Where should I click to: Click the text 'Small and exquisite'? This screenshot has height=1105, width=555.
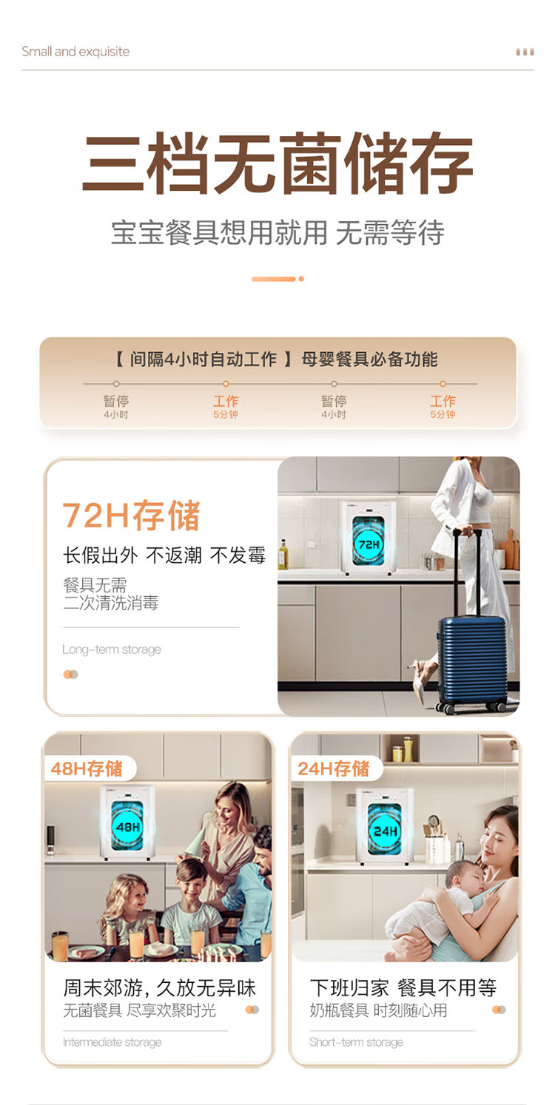pos(75,51)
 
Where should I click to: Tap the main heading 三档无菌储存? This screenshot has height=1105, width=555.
pos(277,163)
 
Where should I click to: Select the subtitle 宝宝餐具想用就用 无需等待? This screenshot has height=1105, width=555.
pos(277,232)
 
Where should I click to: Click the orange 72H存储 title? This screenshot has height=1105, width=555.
pos(131,516)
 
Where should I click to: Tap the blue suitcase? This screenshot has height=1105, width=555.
pos(471,656)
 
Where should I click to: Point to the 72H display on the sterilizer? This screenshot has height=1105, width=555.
pos(369,544)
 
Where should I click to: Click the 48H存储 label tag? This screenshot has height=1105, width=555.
pos(87,768)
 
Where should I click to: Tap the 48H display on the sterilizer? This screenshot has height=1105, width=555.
pos(128,826)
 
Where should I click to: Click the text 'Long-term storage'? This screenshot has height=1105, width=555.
pos(112,649)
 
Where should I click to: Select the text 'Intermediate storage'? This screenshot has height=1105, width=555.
pos(112,1042)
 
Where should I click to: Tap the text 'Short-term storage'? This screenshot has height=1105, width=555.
pos(356,1042)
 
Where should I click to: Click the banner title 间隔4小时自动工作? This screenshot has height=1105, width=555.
pos(203,359)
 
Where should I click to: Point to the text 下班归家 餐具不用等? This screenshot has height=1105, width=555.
pos(403,988)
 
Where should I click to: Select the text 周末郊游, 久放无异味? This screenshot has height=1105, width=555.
pos(160,988)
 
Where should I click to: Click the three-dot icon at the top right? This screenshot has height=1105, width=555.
pos(525,52)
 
